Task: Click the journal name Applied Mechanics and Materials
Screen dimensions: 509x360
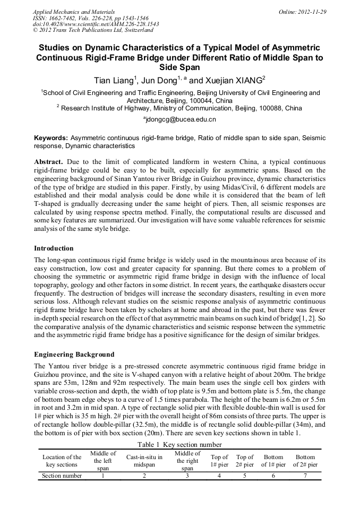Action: (74, 11)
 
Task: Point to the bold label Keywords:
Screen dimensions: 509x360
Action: (51, 137)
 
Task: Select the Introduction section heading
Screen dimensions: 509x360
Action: (54, 248)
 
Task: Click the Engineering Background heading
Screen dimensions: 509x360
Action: (74, 354)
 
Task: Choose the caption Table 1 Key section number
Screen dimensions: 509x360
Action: (179, 445)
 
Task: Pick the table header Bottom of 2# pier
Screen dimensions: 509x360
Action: (305, 461)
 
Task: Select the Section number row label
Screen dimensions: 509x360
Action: (62, 476)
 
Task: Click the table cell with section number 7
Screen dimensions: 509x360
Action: (305, 476)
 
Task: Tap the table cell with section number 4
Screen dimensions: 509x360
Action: (219, 476)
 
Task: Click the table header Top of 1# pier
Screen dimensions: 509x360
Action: (219, 461)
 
